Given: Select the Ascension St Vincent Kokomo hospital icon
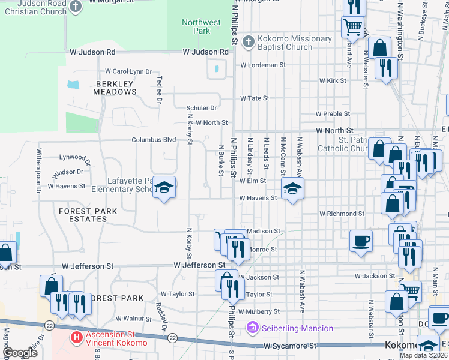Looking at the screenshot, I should tap(76, 338).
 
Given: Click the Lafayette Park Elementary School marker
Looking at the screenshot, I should tap(164, 189).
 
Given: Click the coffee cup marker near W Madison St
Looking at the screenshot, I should tap(361, 241).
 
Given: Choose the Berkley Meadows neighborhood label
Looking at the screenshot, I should tap(115, 88).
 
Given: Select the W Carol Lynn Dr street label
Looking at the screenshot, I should tap(128, 71).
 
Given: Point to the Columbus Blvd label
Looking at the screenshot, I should tap(154, 140).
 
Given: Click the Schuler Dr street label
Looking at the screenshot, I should tap(201, 108).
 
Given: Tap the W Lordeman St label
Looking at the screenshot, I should tap(262, 65).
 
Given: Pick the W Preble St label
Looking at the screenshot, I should tap(333, 113).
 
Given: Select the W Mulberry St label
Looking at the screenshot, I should tap(258, 312).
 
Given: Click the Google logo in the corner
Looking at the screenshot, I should tap(20, 353).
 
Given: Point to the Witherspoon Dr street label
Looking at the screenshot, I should tap(39, 170).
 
